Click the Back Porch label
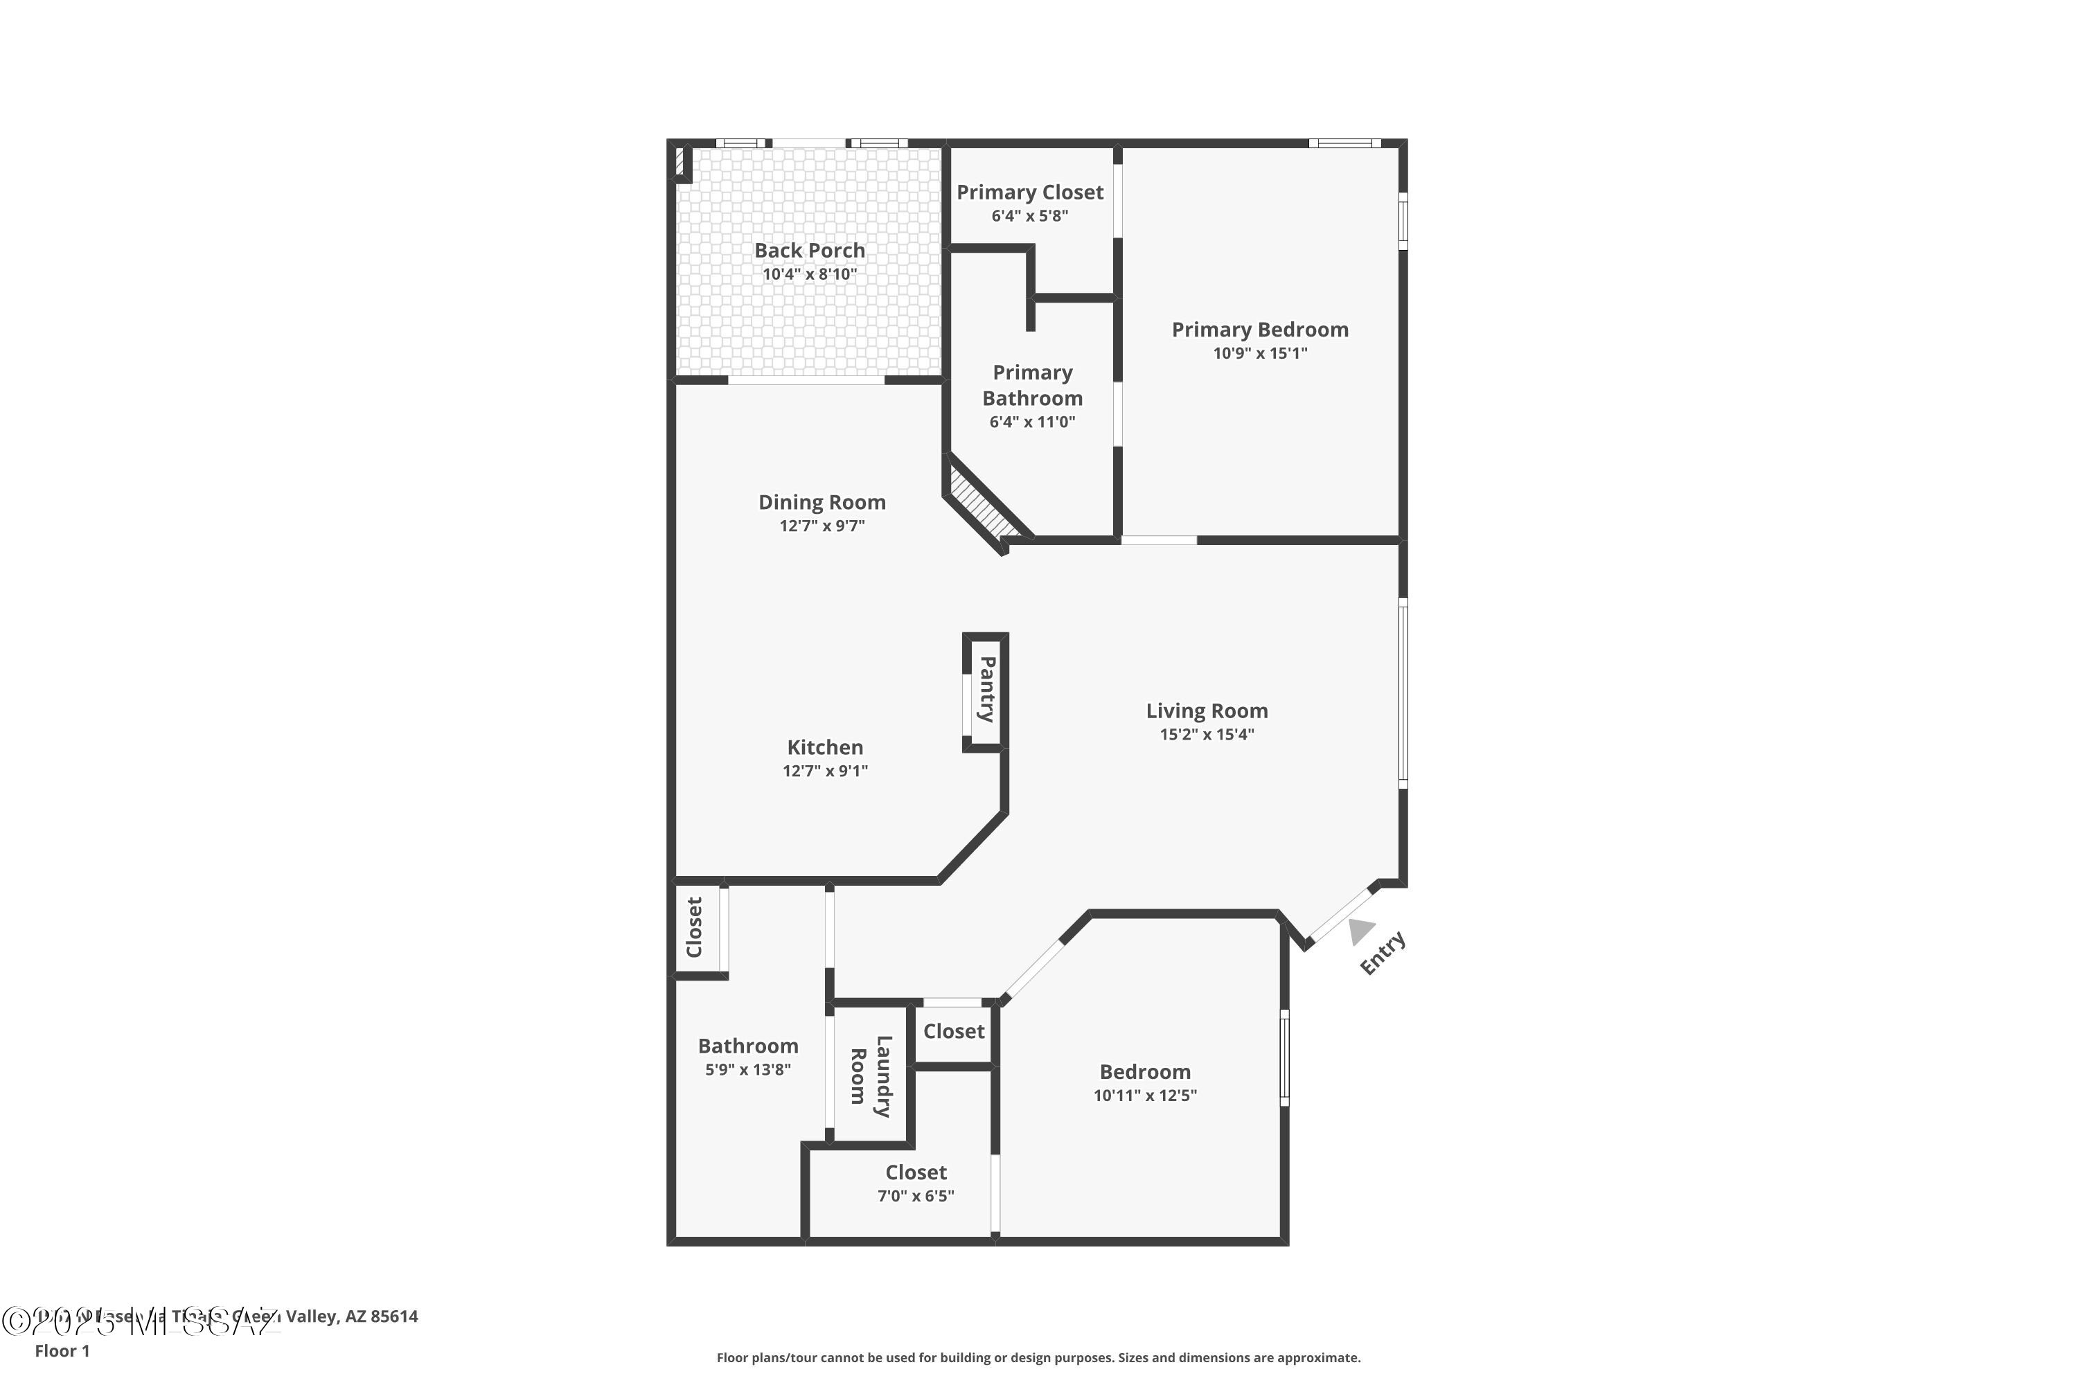pos(809,250)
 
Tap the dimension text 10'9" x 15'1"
pos(1260,353)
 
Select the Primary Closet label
pos(1029,192)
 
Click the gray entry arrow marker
pos(1360,931)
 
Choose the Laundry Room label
pos(870,1076)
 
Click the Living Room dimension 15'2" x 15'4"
pos(1207,734)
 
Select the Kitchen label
pos(825,747)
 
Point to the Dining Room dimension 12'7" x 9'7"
pos(822,526)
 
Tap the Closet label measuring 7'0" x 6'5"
pos(916,1172)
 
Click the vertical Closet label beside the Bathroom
pos(695,927)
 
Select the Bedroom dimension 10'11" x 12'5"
pos(1145,1096)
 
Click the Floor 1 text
pos(62,1350)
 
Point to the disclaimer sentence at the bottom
pos(1038,1357)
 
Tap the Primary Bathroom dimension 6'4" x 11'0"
pos(1032,422)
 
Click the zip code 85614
pos(393,1316)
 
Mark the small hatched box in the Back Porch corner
pos(680,161)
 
